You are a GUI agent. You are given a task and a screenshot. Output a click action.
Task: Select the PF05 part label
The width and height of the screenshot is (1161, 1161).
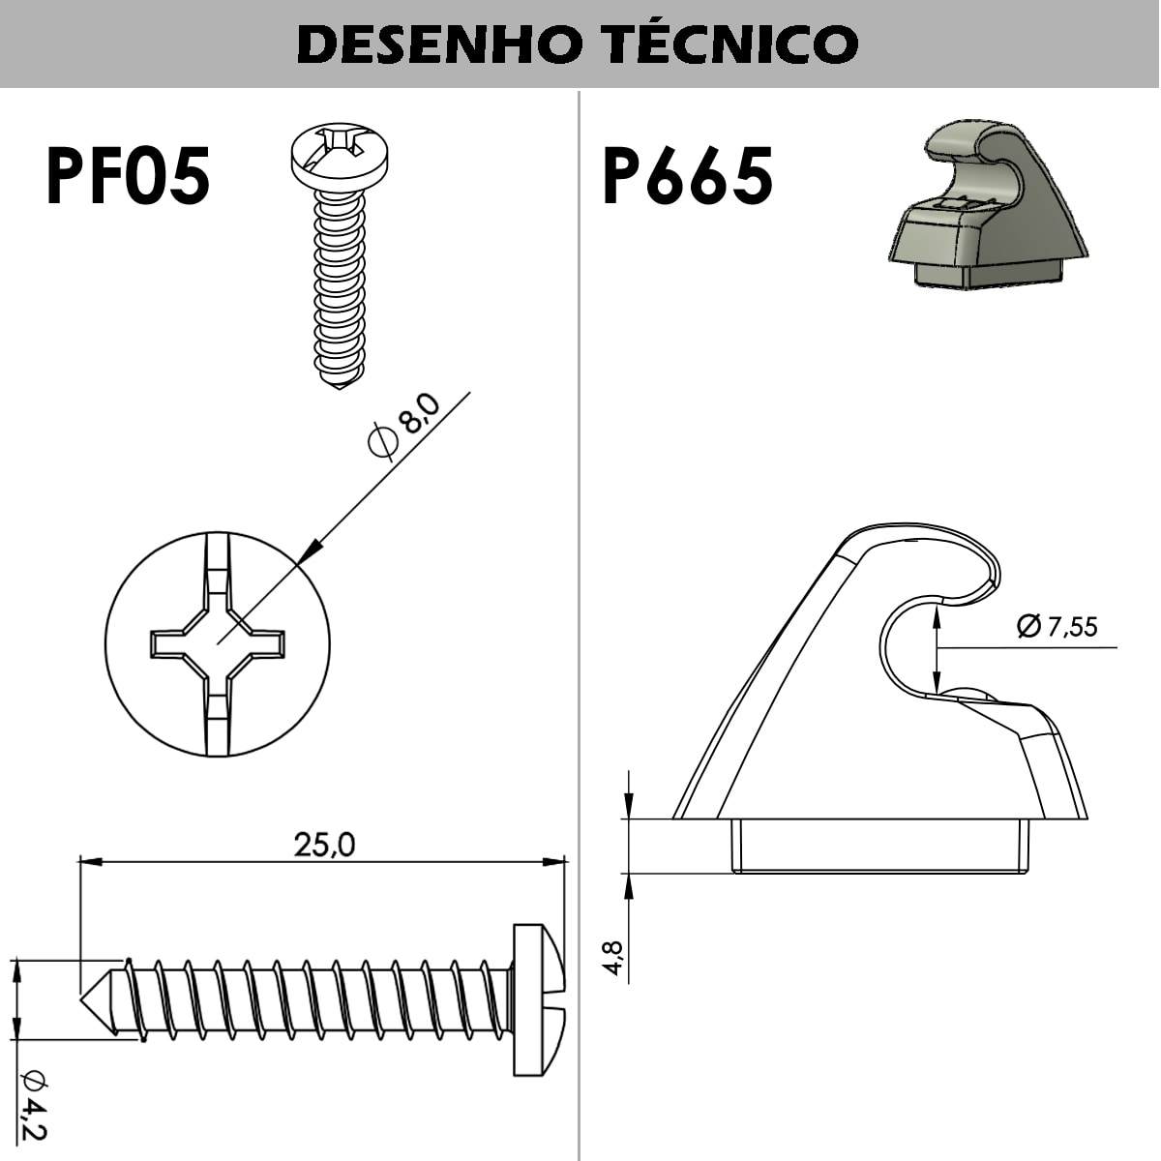[128, 176]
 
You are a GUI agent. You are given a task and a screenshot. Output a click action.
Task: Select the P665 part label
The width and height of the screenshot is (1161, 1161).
[687, 176]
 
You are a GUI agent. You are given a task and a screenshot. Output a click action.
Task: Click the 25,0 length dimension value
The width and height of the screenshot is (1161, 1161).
[324, 845]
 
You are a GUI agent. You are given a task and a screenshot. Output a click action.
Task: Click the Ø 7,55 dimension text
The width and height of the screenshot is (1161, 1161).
[1057, 627]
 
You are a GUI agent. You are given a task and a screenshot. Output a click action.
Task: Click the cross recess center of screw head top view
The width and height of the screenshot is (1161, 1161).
[218, 642]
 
